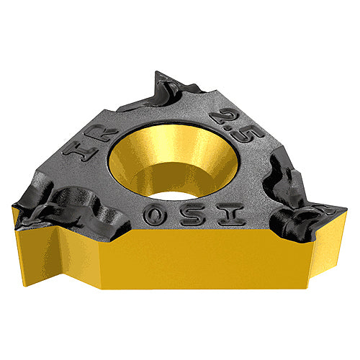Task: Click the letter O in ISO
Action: click(x=154, y=215)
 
